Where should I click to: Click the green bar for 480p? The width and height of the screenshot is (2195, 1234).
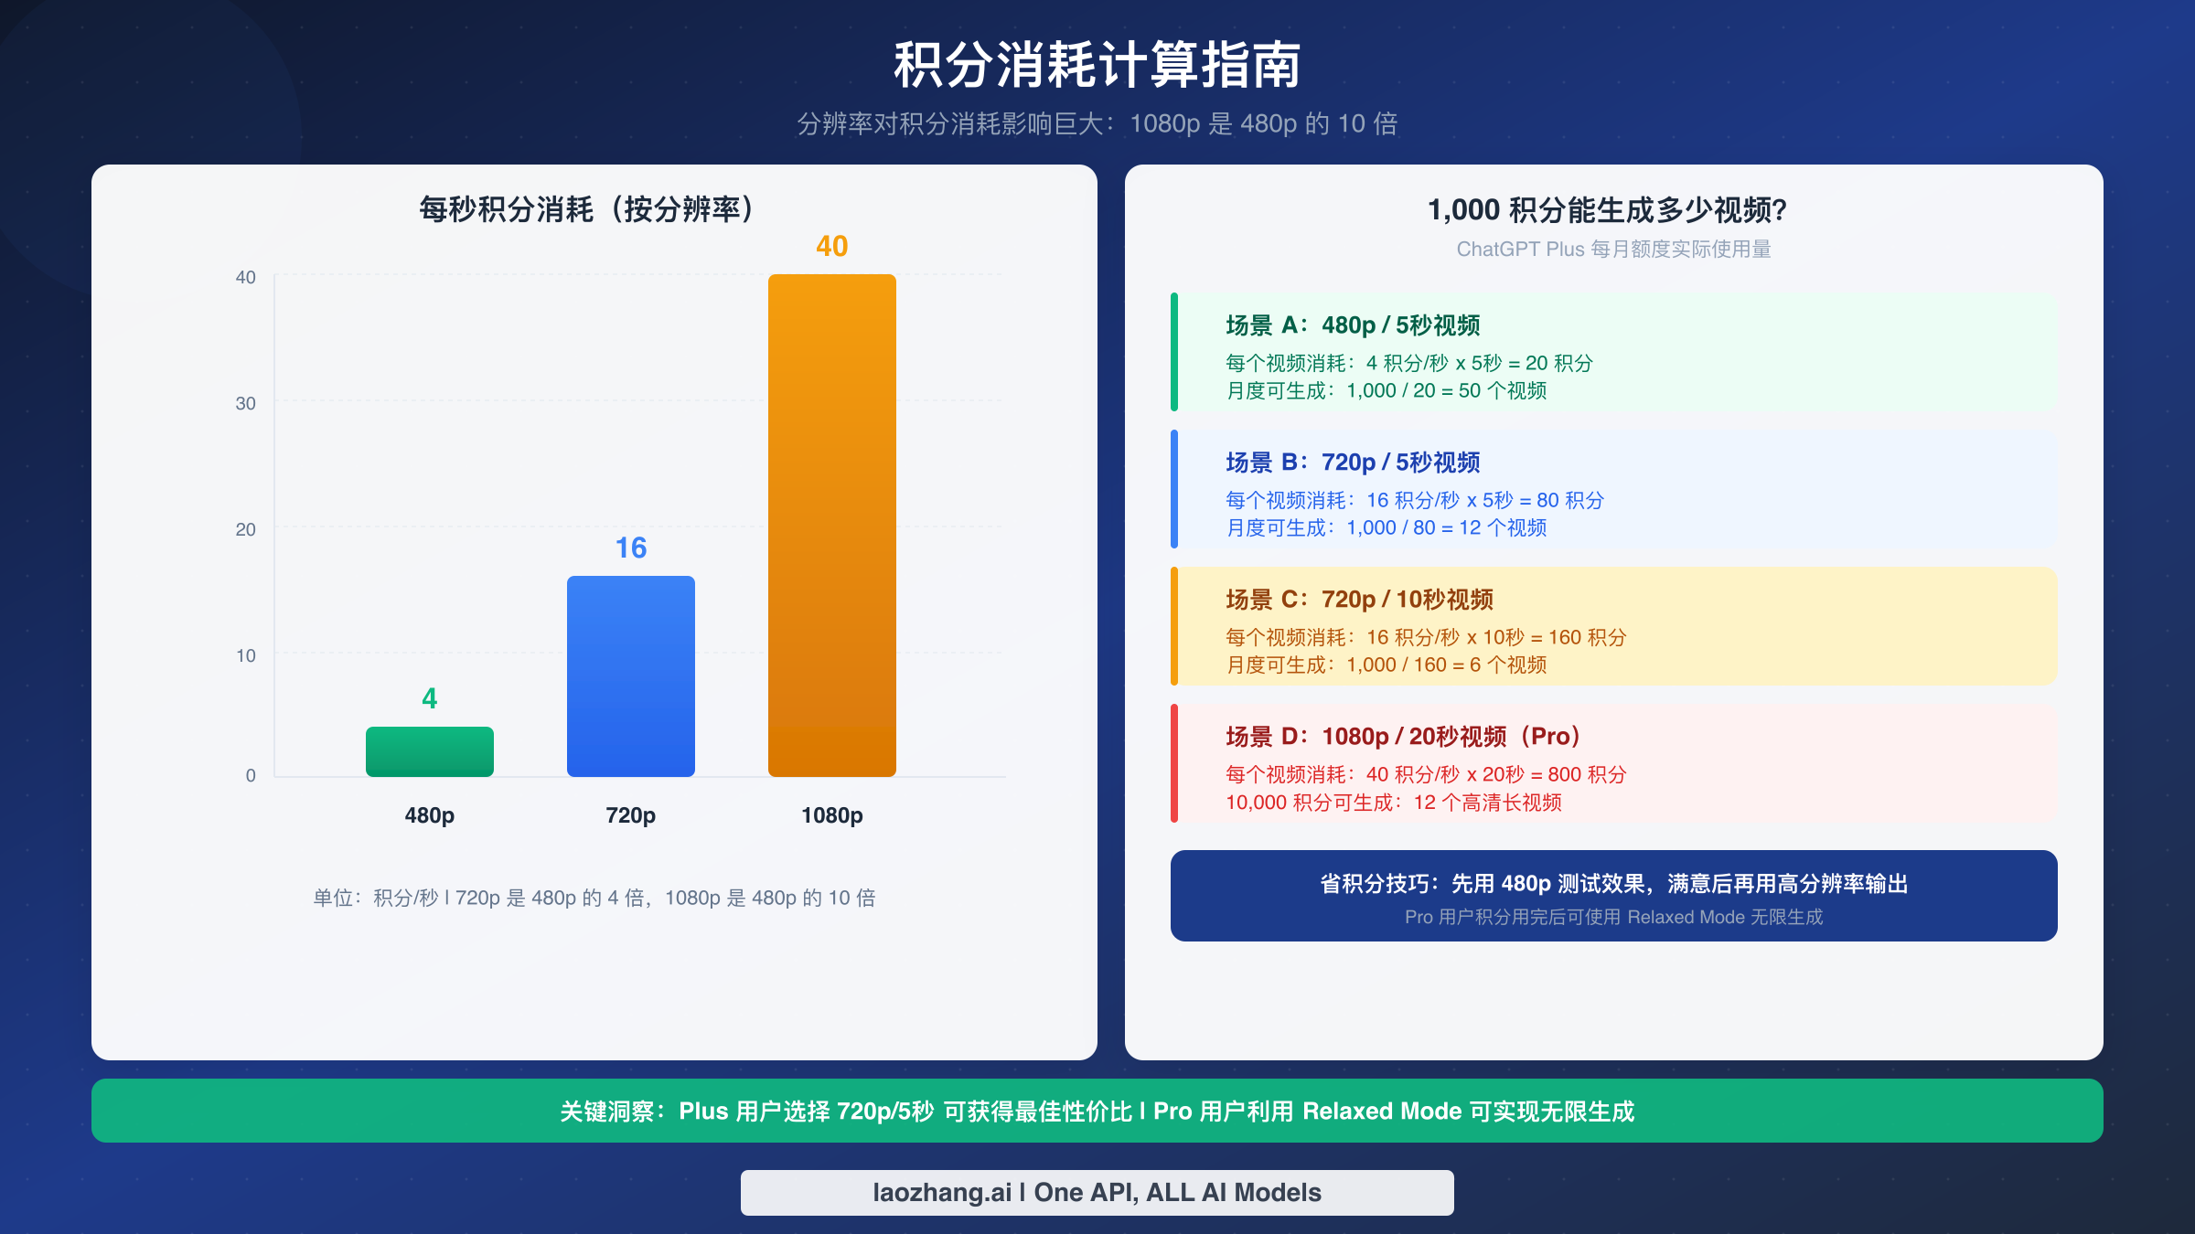429,751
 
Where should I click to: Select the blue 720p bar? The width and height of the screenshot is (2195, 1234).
630,676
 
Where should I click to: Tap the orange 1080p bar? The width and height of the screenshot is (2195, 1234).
831,526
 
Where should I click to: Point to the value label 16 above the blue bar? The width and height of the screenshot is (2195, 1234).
630,548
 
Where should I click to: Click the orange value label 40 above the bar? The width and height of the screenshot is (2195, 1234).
831,246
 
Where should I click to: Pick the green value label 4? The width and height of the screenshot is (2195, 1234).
429,698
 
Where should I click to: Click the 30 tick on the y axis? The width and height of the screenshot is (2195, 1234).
245,403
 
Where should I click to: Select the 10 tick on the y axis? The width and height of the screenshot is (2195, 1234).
245,655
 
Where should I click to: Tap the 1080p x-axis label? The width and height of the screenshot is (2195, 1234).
831,814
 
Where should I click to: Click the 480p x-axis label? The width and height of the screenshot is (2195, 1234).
429,814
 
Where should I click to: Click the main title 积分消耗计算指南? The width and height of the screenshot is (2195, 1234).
1097,65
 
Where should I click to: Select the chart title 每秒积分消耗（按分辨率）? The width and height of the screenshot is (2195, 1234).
586,209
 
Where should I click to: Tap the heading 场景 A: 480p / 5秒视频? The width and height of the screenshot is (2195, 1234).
1353,325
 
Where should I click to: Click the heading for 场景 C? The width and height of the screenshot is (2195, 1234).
1359,600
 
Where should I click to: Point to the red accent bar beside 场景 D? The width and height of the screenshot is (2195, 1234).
1174,763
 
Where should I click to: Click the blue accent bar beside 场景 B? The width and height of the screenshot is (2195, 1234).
1174,489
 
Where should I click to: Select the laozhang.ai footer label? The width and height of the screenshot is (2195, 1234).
1097,1192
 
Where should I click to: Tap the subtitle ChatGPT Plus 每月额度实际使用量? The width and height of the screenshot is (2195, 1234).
1613,249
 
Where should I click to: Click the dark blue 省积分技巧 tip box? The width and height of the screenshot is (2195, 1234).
1613,896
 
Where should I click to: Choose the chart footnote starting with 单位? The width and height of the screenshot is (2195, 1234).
594,898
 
